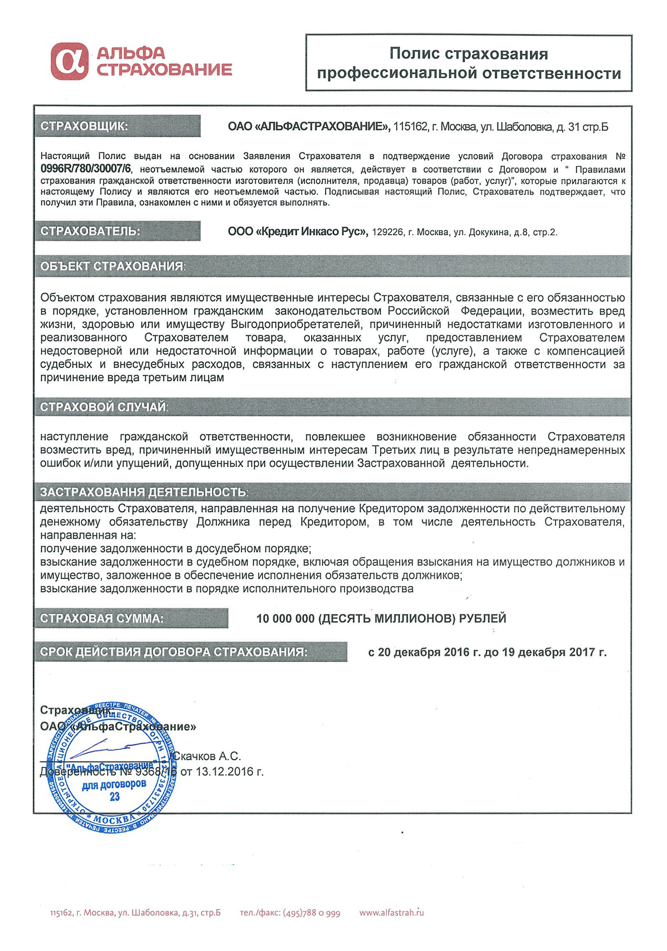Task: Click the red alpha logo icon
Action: [69, 61]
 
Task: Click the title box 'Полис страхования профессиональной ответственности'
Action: [468, 63]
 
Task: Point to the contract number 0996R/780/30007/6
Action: [86, 169]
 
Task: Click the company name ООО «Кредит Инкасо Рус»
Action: [298, 232]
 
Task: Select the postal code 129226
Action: [387, 233]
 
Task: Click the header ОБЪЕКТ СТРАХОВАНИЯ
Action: [113, 266]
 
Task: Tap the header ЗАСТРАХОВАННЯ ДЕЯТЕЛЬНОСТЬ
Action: [144, 492]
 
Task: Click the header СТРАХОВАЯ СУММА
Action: [102, 618]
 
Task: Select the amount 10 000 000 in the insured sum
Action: [285, 619]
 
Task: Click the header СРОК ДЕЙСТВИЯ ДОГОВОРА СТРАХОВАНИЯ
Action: [174, 651]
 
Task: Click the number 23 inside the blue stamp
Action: [115, 796]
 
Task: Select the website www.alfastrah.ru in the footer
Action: [391, 912]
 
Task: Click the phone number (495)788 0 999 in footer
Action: [311, 912]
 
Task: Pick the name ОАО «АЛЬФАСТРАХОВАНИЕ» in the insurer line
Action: [309, 127]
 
